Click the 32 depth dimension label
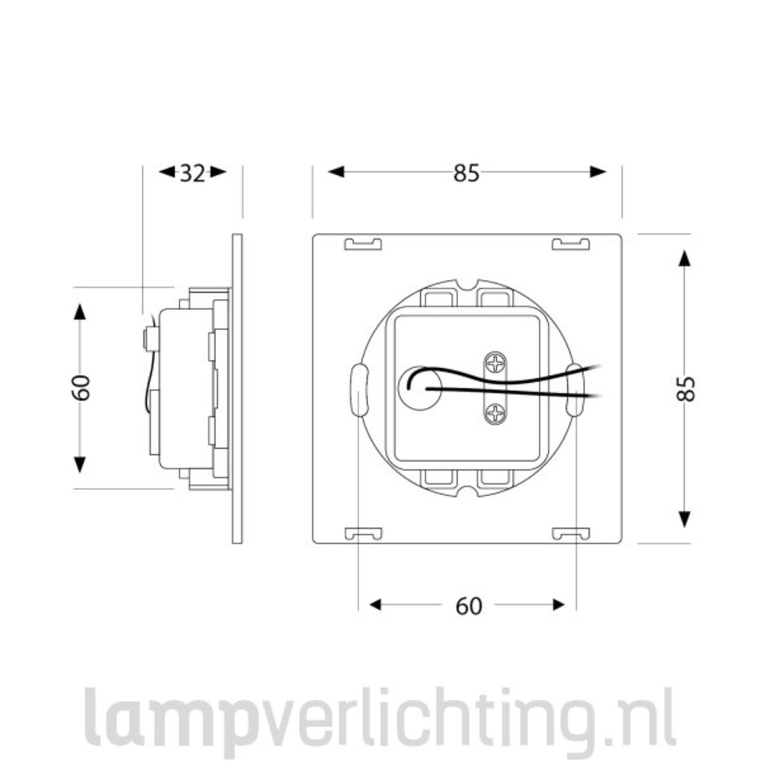click(x=193, y=174)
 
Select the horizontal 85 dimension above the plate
click(x=466, y=174)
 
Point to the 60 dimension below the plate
click(x=469, y=606)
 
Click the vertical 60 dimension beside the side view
click(x=81, y=388)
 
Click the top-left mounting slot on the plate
click(x=362, y=244)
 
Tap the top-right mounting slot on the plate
click(x=570, y=244)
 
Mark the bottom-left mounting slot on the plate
click(x=362, y=533)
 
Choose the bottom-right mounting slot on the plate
click(x=570, y=533)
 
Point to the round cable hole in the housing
click(x=416, y=388)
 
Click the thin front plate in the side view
click(x=237, y=388)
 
